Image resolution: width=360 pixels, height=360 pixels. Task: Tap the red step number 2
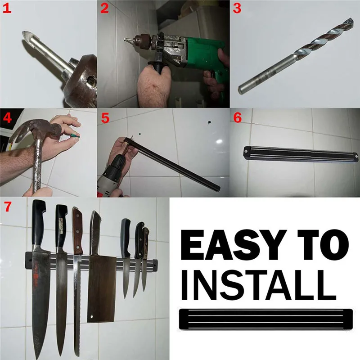tap(104, 8)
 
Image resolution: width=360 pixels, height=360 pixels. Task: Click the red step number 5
tap(105, 118)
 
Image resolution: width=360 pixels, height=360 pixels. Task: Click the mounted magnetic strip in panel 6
tap(299, 153)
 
